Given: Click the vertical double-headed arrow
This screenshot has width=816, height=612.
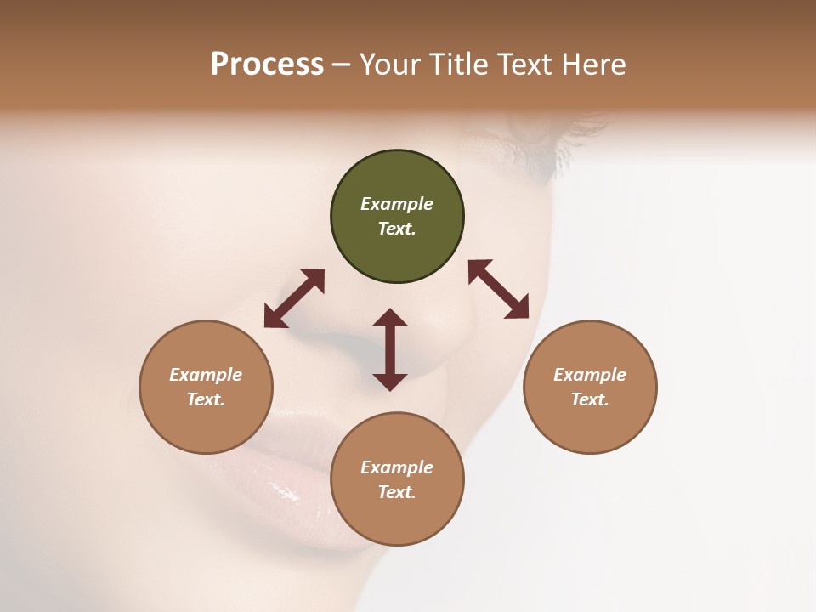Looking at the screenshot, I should point(390,349).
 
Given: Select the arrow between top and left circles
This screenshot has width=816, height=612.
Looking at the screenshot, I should point(294,298).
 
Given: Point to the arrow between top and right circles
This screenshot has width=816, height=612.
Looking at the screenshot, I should point(499,289).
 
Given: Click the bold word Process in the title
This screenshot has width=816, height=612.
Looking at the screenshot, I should point(267,64).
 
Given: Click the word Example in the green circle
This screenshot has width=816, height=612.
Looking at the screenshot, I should point(397,204).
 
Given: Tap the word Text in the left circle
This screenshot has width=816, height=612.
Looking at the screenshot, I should point(206,399).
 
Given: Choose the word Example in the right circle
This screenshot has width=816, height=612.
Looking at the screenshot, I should point(590,375).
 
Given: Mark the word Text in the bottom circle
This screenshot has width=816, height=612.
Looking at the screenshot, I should point(397,492).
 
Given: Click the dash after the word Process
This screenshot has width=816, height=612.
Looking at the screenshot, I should point(341,65).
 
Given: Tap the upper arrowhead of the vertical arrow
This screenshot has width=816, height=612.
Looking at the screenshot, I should point(390,319).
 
